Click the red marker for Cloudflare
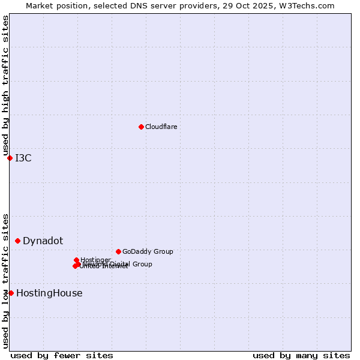coord(141,127)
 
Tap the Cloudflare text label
coord(161,127)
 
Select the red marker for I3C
coord(10,158)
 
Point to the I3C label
coord(23,158)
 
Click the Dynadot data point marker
coord(17,241)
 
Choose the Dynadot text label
coord(43,241)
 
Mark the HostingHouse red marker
coord(11,293)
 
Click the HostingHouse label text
coord(49,293)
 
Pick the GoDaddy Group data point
coord(118,251)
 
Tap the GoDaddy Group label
coord(148,251)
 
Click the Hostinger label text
coord(95,260)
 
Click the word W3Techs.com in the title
coord(308,5)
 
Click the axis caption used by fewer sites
coord(62,355)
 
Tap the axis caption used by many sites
coord(301,355)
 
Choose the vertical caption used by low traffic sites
coord(5,280)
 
